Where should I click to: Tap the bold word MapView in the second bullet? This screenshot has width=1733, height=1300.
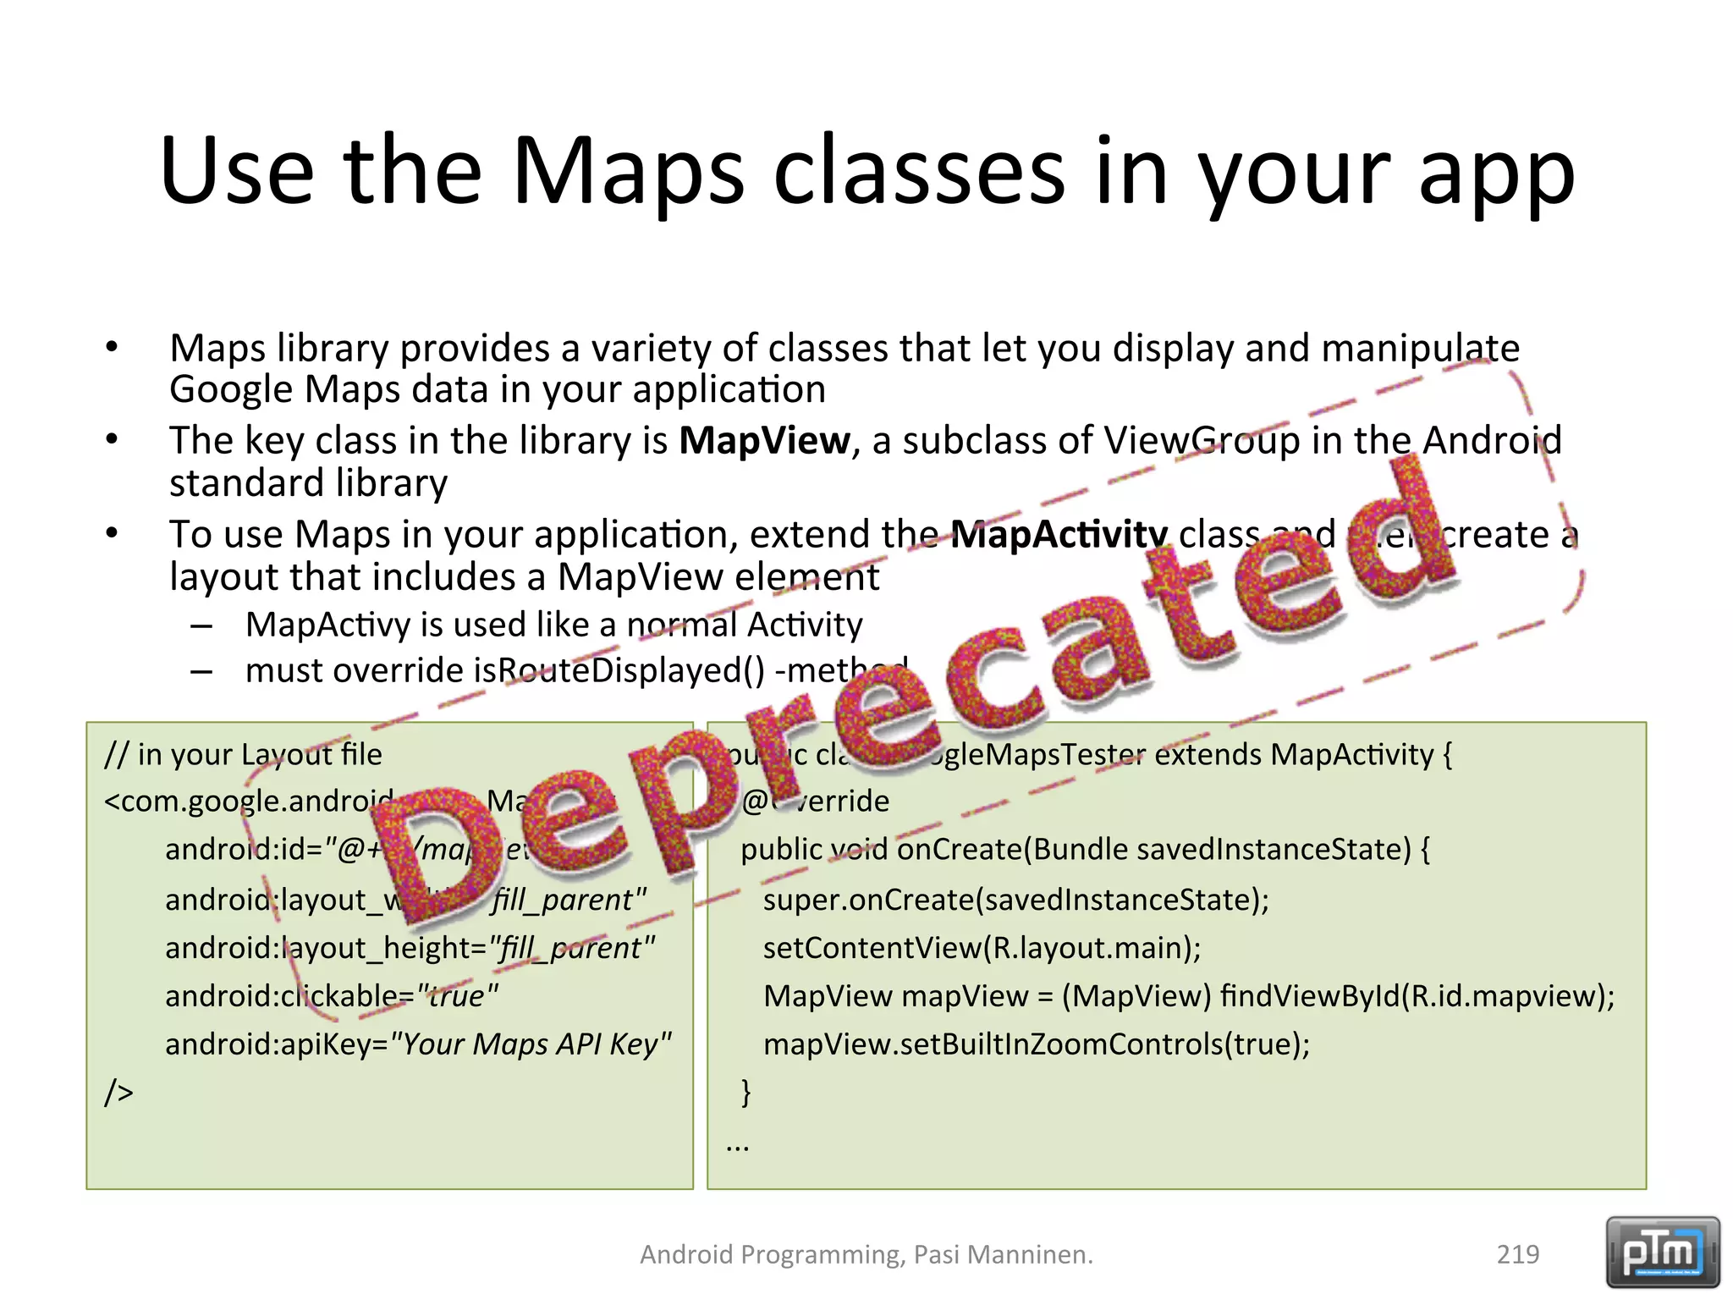pyautogui.click(x=764, y=441)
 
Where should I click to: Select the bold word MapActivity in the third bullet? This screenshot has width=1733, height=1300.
pyautogui.click(x=1059, y=535)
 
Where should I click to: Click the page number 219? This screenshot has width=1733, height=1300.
pyautogui.click(x=1517, y=1254)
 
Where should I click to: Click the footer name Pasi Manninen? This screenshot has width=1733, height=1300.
pyautogui.click(x=1003, y=1254)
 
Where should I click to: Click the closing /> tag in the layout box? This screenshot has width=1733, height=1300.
pyautogui.click(x=118, y=1093)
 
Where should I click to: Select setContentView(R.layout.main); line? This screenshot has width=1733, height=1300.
pyautogui.click(x=982, y=948)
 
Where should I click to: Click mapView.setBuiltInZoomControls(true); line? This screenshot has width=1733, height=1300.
pyautogui.click(x=1036, y=1044)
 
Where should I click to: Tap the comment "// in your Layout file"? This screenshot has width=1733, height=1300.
pyautogui.click(x=243, y=754)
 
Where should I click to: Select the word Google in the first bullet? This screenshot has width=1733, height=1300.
pyautogui.click(x=230, y=390)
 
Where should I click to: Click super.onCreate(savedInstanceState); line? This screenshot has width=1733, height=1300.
pyautogui.click(x=1015, y=900)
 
